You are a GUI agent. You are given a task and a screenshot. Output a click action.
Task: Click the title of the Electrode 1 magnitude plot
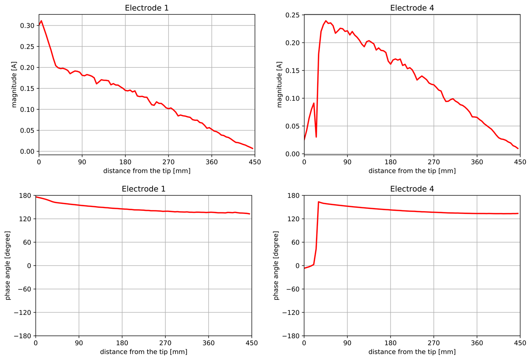[146, 8]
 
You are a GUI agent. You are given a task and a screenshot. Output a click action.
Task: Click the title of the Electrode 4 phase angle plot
[412, 189]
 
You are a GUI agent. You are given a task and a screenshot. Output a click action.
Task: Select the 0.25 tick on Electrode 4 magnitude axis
[292, 15]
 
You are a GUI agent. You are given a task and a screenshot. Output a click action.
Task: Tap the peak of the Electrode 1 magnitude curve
[41, 21]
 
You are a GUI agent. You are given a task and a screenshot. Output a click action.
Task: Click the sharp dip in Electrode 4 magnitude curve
[316, 137]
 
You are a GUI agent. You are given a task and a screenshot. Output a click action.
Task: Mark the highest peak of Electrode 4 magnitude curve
[326, 21]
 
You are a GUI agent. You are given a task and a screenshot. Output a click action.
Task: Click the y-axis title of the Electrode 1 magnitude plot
[14, 84]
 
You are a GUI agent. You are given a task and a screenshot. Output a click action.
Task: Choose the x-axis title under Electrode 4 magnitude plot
[412, 171]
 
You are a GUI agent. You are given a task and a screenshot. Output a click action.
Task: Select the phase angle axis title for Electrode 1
[8, 265]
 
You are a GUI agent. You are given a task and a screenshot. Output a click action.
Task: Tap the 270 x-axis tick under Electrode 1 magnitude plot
[168, 162]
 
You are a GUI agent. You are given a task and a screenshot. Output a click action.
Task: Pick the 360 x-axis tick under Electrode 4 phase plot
[477, 343]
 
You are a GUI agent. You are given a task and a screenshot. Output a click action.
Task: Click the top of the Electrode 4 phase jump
[318, 202]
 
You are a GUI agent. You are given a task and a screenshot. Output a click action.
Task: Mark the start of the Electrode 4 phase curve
[304, 268]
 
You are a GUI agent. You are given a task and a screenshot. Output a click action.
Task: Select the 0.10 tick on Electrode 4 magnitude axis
[292, 98]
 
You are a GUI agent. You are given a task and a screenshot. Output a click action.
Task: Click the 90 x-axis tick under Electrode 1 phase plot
[79, 343]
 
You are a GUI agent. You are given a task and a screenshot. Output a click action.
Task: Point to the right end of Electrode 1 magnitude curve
[253, 148]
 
